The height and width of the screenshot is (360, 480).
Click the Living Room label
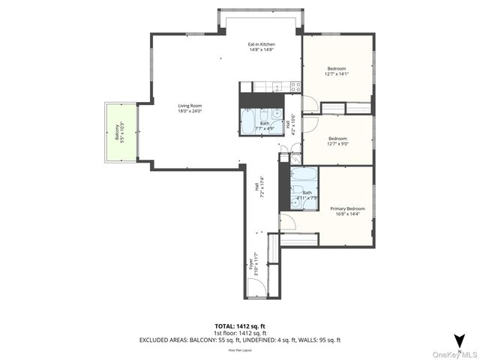pyautogui.click(x=190, y=109)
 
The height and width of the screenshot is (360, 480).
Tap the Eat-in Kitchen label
pyautogui.click(x=261, y=47)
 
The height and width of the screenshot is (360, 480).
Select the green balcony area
pyautogui.click(x=118, y=132)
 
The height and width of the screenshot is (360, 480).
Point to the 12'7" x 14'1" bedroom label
pyautogui.click(x=337, y=71)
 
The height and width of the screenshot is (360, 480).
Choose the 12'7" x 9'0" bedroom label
pyautogui.click(x=337, y=141)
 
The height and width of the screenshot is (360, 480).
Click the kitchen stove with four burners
pyautogui.click(x=295, y=86)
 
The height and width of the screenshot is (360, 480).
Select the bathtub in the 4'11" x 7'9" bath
pyautogui.click(x=304, y=177)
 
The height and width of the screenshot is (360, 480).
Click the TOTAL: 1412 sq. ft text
pyautogui.click(x=240, y=326)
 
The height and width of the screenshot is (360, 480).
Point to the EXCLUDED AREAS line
pyautogui.click(x=240, y=340)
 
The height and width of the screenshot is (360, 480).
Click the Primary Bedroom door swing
pyautogui.click(x=288, y=222)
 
